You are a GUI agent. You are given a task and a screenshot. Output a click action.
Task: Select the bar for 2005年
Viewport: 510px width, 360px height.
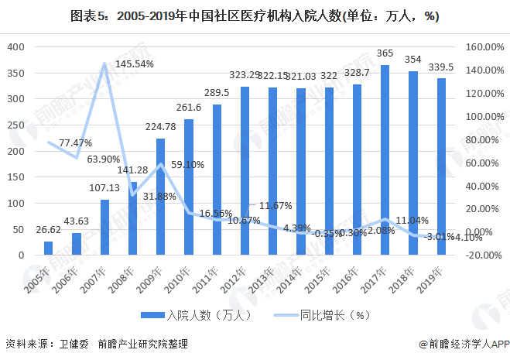[48, 248]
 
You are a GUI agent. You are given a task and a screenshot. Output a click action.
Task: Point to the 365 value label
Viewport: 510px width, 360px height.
[385, 53]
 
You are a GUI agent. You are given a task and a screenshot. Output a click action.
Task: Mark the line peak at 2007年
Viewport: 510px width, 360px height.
[104, 63]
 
